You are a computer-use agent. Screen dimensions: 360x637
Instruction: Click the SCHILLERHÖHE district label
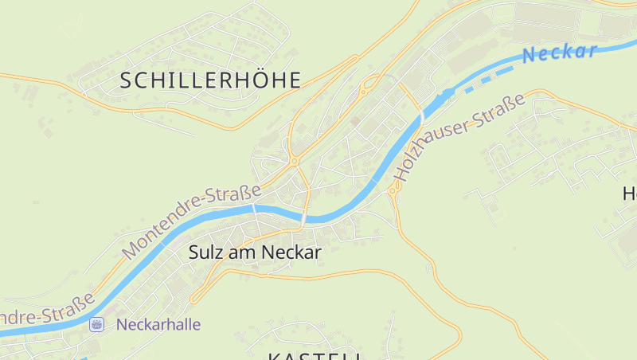[211, 80]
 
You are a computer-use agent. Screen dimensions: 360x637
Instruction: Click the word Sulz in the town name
[205, 252]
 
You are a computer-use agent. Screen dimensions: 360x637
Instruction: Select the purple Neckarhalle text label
[158, 324]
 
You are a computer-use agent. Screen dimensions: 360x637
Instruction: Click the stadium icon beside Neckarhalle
[97, 324]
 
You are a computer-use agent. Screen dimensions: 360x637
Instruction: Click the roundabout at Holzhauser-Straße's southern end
[392, 191]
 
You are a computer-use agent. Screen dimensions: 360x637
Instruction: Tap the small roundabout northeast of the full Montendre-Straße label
[294, 162]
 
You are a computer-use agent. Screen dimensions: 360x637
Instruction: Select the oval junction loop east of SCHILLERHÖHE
[369, 83]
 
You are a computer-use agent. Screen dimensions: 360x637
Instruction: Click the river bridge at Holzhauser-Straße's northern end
[421, 119]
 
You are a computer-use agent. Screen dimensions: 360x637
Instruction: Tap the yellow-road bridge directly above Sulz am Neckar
[305, 217]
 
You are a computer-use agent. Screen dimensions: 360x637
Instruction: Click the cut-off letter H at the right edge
[629, 194]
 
